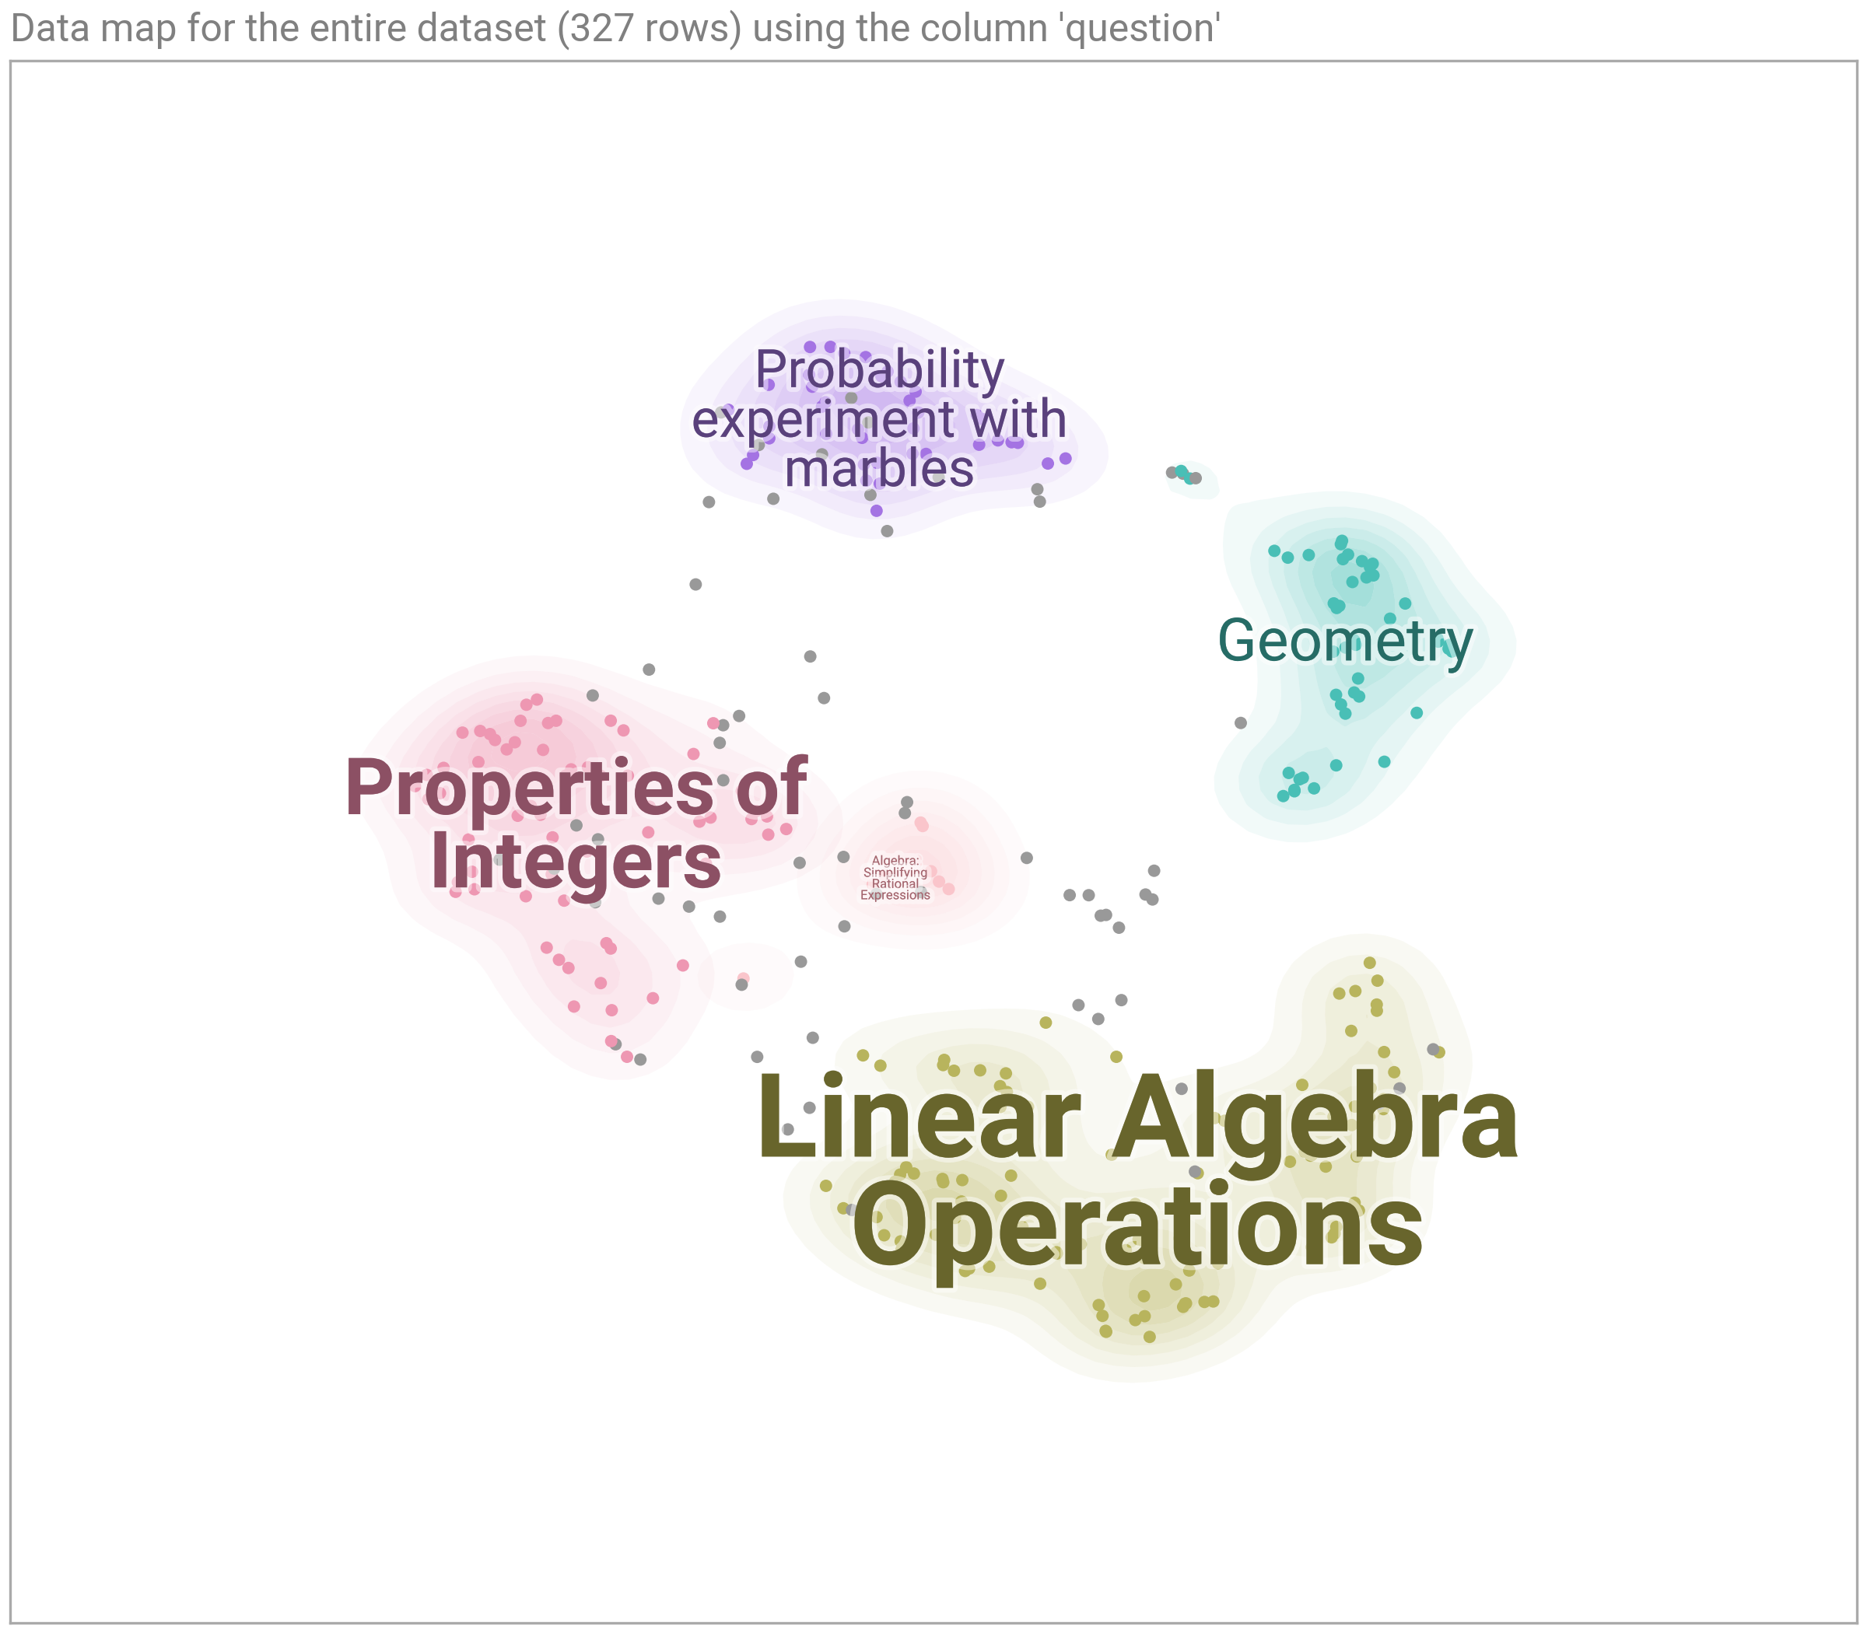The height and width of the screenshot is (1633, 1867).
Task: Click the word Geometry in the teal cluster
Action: click(1345, 642)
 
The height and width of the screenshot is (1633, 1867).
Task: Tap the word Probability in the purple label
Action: click(880, 372)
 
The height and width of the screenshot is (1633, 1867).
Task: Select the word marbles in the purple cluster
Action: click(879, 470)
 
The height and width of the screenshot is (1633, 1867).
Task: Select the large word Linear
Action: click(919, 1117)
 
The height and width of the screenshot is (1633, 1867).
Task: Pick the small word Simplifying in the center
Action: click(895, 872)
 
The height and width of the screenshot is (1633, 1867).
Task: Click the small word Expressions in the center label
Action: click(895, 895)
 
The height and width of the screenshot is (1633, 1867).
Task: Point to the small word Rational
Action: click(895, 883)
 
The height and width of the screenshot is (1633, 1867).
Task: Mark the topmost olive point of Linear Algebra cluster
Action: click(1369, 963)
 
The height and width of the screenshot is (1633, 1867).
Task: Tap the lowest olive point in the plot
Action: click(1150, 1337)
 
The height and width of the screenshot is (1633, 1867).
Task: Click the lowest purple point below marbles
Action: click(877, 511)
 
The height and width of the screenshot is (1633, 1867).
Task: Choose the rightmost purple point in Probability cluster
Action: click(1066, 458)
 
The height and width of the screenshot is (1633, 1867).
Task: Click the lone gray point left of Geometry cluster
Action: click(1241, 722)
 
